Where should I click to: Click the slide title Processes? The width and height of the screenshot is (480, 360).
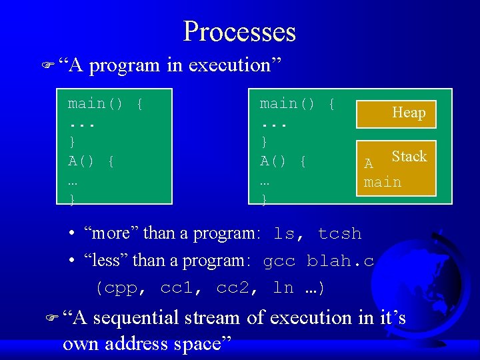pyautogui.click(x=239, y=31)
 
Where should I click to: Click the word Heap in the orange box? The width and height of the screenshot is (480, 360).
pyautogui.click(x=409, y=113)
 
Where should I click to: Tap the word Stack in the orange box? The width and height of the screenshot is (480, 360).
pyautogui.click(x=409, y=157)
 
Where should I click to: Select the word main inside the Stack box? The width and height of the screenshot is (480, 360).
pyautogui.click(x=383, y=182)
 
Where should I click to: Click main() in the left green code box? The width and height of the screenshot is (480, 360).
pyautogui.click(x=96, y=103)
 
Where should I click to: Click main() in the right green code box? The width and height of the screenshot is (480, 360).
pyautogui.click(x=287, y=103)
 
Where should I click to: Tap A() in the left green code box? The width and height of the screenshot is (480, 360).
pyautogui.click(x=82, y=161)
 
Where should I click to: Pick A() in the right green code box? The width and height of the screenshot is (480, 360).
pyautogui.click(x=273, y=161)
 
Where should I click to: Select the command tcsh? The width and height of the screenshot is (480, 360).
pyautogui.click(x=339, y=234)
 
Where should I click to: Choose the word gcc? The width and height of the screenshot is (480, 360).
pyautogui.click(x=279, y=261)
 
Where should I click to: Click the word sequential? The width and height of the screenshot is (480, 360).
pyautogui.click(x=136, y=318)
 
